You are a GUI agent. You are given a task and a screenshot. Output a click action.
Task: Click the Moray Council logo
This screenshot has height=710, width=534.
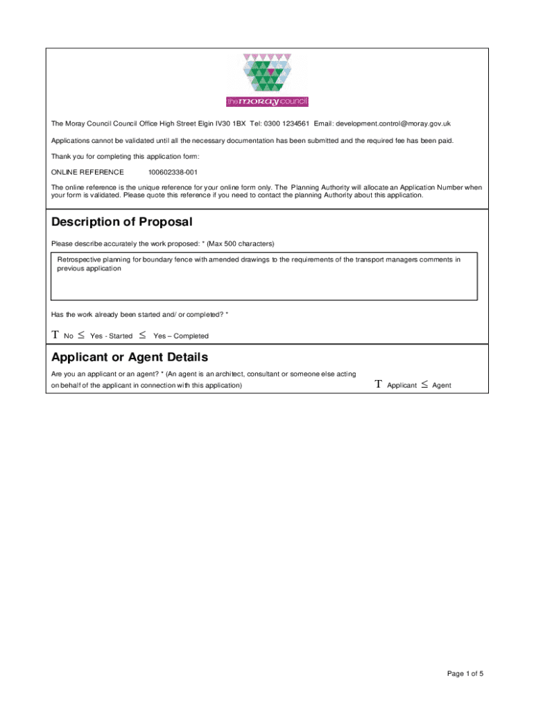coord(267,80)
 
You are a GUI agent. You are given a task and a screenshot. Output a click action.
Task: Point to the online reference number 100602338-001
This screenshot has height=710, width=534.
coord(173,172)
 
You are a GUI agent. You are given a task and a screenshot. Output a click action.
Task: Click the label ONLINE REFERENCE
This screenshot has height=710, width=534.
coord(88,172)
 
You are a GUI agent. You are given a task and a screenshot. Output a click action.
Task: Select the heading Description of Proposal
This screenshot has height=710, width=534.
coord(122,222)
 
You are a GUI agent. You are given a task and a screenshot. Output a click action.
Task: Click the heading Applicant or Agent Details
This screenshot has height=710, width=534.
coord(130,357)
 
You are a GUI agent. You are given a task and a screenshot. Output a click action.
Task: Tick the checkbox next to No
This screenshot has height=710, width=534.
coord(55,336)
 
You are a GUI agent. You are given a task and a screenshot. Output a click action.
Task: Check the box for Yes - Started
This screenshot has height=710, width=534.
coord(81,336)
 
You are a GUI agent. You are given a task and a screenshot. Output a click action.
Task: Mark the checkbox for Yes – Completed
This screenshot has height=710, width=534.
coord(142,336)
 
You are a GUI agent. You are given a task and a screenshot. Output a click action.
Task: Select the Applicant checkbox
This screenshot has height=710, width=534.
coord(378,384)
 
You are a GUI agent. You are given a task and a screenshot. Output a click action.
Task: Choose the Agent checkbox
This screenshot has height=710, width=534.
coord(424,384)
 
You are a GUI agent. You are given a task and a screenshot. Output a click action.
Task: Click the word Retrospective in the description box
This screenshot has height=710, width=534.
coord(80,259)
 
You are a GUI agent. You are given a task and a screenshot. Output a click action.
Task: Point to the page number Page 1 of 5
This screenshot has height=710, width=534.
coord(465,673)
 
